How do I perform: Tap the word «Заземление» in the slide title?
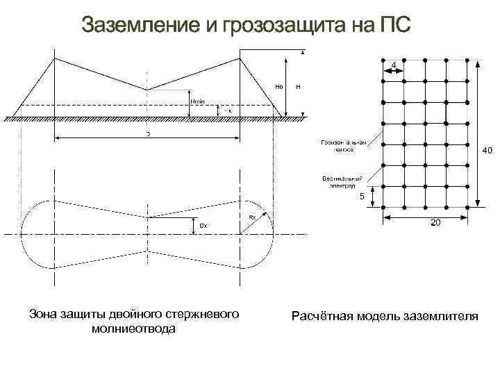click(142, 26)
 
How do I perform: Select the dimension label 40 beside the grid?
click(487, 149)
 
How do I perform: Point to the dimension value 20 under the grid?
click(434, 223)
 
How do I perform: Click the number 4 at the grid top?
click(394, 65)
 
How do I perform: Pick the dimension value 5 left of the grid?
click(361, 197)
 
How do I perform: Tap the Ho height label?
click(278, 87)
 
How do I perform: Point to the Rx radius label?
click(252, 217)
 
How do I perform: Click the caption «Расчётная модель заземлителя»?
click(385, 317)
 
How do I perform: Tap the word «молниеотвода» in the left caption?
click(133, 328)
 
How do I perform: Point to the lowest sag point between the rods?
click(147, 90)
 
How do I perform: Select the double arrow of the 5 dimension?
click(374, 196)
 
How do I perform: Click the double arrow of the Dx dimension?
click(192, 224)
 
